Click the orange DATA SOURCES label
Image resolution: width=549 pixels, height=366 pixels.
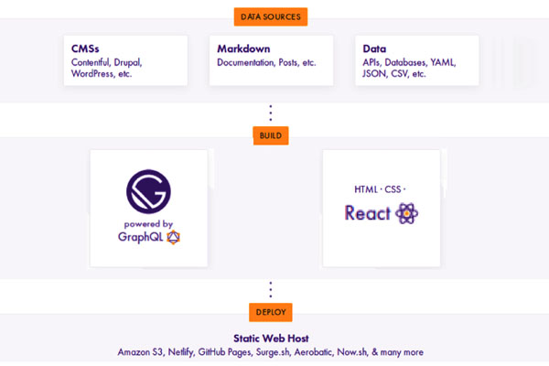pos(271,16)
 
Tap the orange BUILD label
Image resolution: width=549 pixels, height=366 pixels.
pos(271,135)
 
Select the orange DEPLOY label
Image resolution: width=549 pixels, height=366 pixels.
pos(271,312)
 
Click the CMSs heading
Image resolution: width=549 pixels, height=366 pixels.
pos(85,48)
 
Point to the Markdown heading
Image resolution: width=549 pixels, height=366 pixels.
pos(243,48)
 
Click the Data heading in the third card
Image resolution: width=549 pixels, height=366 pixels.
pos(374,48)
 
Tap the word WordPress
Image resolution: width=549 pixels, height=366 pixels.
pos(92,73)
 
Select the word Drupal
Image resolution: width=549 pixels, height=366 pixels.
pos(128,63)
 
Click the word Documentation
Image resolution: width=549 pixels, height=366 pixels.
pos(246,62)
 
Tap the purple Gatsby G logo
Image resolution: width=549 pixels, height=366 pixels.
pos(148,191)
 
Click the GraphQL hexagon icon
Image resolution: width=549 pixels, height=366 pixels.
pos(173,237)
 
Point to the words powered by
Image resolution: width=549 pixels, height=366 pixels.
pos(148,224)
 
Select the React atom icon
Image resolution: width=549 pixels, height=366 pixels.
pos(406,213)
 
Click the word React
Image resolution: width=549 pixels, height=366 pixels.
pos(367,213)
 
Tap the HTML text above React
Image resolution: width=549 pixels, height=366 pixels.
pos(366,189)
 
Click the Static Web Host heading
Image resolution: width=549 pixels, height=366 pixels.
pos(271,339)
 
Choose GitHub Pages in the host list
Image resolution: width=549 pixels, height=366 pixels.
pos(224,352)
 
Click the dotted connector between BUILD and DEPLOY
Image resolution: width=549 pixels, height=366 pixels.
pos(270,290)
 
